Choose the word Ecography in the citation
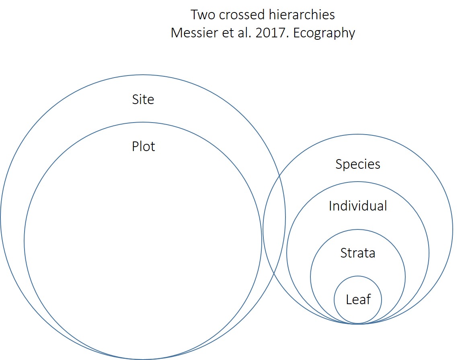324,33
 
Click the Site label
143,99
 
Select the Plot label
143,146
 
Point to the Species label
357,164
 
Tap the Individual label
357,206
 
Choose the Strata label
357,253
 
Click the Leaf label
358,299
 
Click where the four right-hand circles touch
357,323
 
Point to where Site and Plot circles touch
143,359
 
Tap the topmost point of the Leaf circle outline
357,276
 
